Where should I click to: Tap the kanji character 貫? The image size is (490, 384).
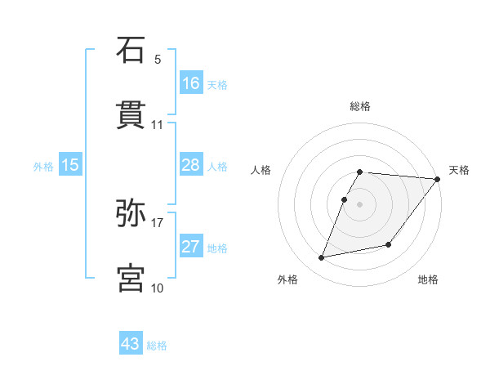point(131,115)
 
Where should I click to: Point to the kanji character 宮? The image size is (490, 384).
point(131,278)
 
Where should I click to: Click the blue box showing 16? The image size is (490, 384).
point(191,83)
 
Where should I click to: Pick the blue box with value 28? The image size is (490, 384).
point(191,165)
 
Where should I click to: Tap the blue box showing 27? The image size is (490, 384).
point(191,247)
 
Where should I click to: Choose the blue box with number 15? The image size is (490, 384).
point(70,165)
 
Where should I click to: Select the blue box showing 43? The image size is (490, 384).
point(131,344)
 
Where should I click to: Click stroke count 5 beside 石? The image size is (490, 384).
point(158,59)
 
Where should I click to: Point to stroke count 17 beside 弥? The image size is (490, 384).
point(158,221)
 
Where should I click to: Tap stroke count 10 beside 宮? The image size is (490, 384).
point(158,288)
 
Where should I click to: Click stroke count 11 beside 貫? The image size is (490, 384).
point(158,125)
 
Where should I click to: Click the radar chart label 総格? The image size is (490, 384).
point(360,106)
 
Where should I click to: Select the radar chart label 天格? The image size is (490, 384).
point(459,170)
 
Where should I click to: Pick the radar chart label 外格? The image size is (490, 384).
point(287,280)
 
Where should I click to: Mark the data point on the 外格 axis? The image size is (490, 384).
point(322,257)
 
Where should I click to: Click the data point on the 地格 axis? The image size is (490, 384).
point(389,244)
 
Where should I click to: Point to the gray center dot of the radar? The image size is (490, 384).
point(359,204)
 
